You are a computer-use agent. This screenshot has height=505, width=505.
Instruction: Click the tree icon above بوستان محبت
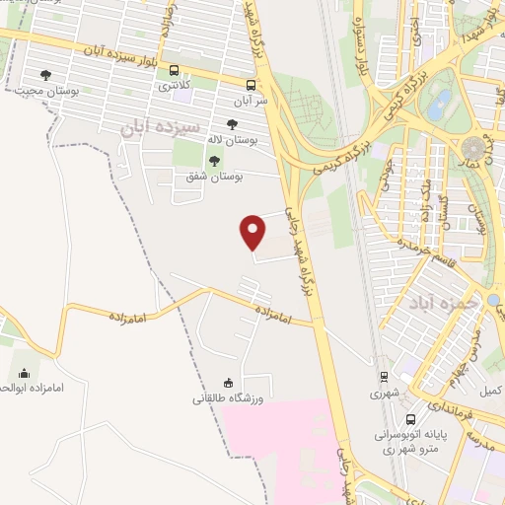click(44, 74)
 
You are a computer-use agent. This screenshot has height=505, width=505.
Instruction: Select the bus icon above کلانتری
click(175, 71)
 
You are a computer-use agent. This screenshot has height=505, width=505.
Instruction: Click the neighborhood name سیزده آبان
click(160, 127)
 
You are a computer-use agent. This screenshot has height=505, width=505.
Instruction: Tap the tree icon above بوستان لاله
click(232, 125)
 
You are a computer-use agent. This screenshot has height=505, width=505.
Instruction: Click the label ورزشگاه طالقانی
click(228, 399)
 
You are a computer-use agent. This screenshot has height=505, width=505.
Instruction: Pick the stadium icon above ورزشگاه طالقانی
click(229, 384)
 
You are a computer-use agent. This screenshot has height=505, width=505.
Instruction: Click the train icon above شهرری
click(384, 376)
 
